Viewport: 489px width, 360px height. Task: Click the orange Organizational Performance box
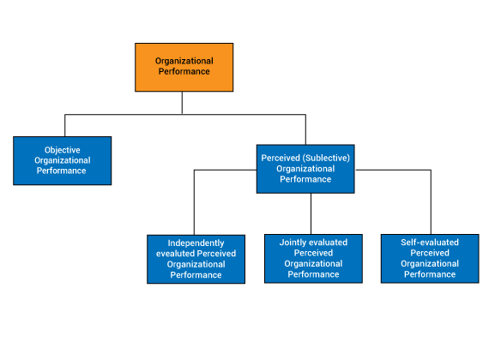(x=184, y=68)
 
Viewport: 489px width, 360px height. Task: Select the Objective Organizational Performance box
(x=63, y=160)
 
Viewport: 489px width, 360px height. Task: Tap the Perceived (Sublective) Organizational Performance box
(x=305, y=169)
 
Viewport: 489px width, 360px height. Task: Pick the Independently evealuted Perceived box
(x=196, y=259)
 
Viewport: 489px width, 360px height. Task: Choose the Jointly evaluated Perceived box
(x=313, y=258)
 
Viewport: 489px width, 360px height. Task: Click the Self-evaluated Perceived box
(x=430, y=258)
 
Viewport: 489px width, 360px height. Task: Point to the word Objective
(x=63, y=150)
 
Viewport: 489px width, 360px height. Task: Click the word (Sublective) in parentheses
(x=326, y=158)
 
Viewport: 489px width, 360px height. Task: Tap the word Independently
(x=196, y=243)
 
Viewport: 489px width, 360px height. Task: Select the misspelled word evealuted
(x=175, y=254)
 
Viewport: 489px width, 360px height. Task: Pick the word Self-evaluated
(x=430, y=243)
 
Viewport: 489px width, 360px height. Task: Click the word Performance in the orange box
(x=184, y=71)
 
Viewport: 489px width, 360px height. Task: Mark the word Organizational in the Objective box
(x=63, y=160)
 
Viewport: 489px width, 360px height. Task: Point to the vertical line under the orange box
(x=182, y=103)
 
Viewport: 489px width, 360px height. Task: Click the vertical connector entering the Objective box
(x=65, y=126)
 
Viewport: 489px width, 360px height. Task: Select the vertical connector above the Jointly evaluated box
(x=311, y=213)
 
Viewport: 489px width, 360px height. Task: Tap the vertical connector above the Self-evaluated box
(x=431, y=202)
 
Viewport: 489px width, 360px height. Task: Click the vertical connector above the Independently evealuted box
(x=194, y=202)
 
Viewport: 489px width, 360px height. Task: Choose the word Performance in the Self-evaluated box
(x=430, y=274)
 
